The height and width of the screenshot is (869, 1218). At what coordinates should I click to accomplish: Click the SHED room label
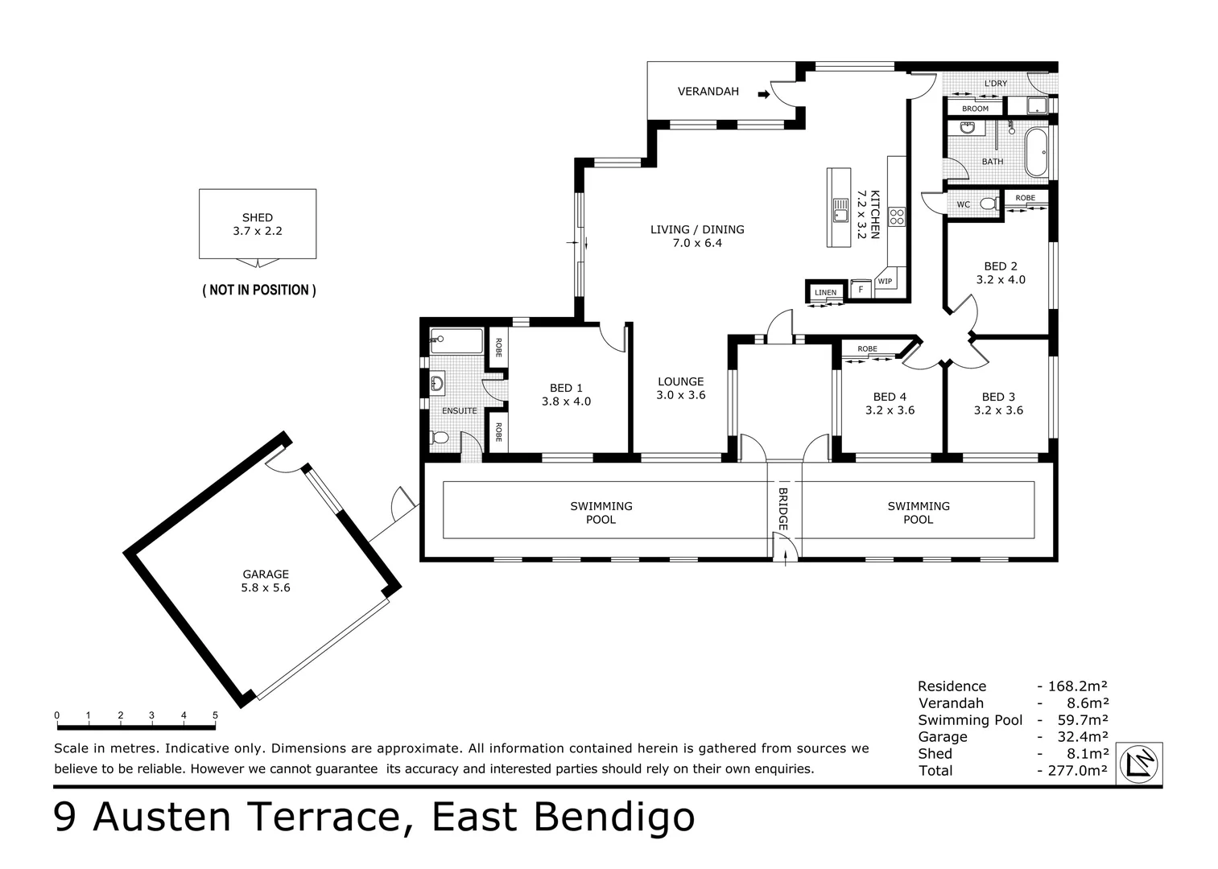click(x=257, y=217)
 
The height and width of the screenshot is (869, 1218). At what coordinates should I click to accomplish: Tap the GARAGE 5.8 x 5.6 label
click(x=266, y=580)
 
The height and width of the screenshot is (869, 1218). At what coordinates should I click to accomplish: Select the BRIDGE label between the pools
click(x=783, y=509)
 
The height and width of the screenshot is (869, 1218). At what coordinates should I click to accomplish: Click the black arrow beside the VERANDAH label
click(x=764, y=95)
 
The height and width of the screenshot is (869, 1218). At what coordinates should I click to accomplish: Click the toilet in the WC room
click(x=989, y=204)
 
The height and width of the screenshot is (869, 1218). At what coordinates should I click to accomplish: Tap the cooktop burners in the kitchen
click(x=897, y=216)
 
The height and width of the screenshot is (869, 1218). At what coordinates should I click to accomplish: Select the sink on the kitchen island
click(x=840, y=210)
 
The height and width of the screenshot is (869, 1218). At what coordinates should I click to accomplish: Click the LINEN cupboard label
click(x=825, y=292)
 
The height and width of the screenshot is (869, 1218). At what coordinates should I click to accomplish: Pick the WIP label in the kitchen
click(x=885, y=281)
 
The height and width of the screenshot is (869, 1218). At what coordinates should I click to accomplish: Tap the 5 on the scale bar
click(x=215, y=715)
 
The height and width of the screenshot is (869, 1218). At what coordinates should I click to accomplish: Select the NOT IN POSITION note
click(x=259, y=290)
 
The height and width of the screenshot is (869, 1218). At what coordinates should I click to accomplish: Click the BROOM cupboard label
click(x=975, y=109)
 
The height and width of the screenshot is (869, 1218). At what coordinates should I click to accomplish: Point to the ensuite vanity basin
click(x=437, y=384)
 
